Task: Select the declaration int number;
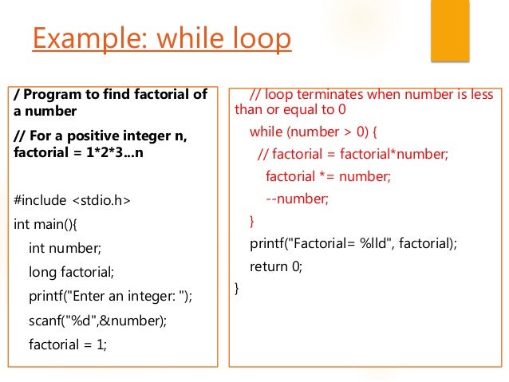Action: [65, 248]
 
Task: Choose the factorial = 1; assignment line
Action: [68, 345]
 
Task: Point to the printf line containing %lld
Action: [353, 243]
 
